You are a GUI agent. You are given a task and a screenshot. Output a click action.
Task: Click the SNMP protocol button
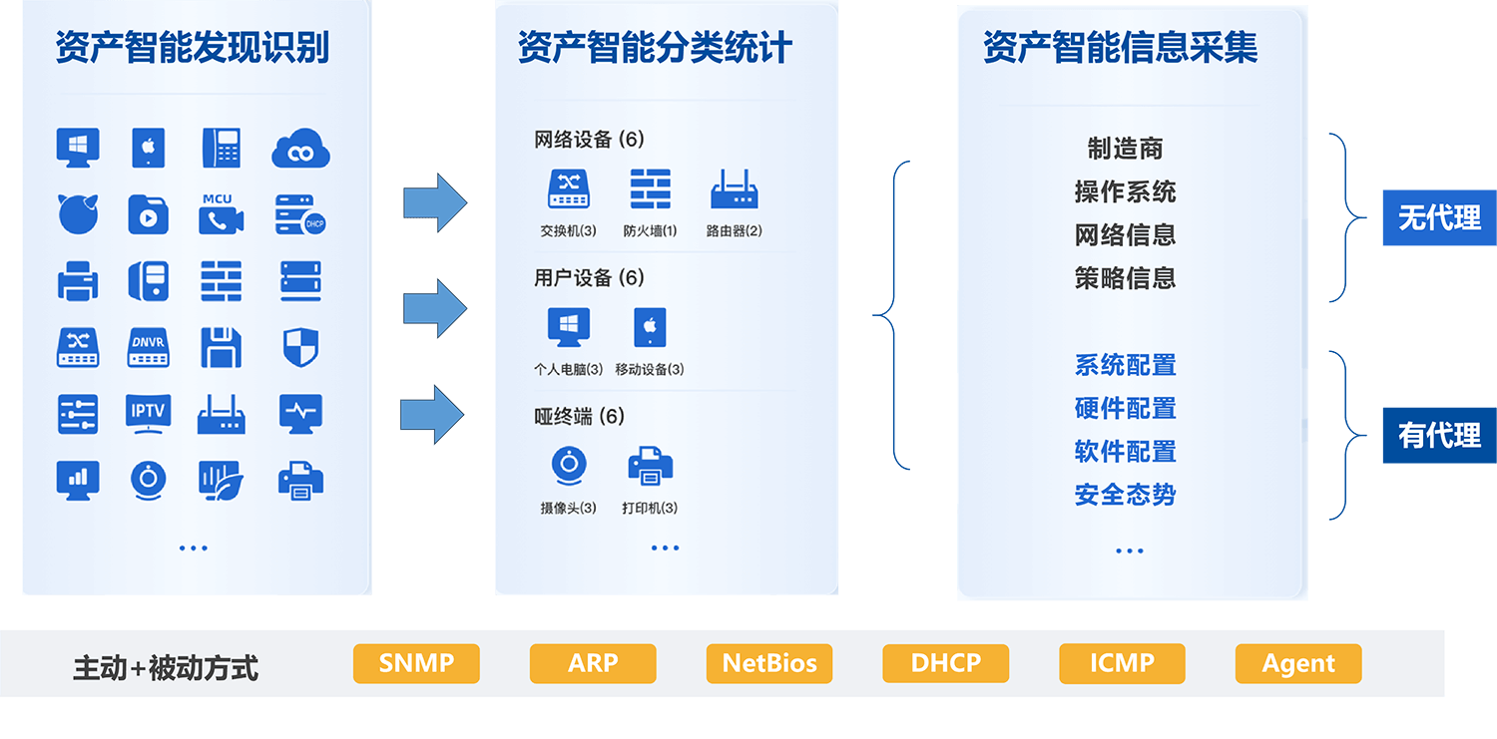point(416,663)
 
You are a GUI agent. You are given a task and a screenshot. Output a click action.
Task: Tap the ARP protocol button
point(593,663)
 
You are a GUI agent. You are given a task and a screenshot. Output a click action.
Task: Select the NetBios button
point(769,663)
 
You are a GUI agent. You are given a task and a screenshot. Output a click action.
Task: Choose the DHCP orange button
point(946,663)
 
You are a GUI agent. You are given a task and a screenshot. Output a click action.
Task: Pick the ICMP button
point(1122,663)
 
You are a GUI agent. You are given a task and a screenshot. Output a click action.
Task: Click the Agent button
point(1298,663)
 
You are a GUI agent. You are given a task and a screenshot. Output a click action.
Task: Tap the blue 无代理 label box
point(1439,217)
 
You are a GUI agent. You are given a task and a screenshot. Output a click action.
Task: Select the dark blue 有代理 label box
point(1439,435)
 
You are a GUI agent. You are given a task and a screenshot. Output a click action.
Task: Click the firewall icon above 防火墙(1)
point(651,188)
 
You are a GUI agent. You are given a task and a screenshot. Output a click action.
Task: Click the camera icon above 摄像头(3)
point(569,466)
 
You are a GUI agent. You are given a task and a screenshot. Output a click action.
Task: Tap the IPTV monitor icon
point(148,414)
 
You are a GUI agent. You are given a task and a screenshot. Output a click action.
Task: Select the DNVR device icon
point(148,347)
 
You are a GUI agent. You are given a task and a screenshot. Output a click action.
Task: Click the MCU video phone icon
point(222,214)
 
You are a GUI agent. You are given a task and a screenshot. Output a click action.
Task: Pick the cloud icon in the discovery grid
point(300,149)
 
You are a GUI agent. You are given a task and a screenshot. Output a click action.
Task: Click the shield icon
point(300,347)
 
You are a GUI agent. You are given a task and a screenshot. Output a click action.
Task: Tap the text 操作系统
point(1125,191)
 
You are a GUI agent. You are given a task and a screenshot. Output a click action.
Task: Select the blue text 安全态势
point(1125,495)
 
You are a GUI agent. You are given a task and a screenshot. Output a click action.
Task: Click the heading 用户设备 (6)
point(589,277)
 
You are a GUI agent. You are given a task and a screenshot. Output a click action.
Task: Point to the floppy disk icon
point(222,347)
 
